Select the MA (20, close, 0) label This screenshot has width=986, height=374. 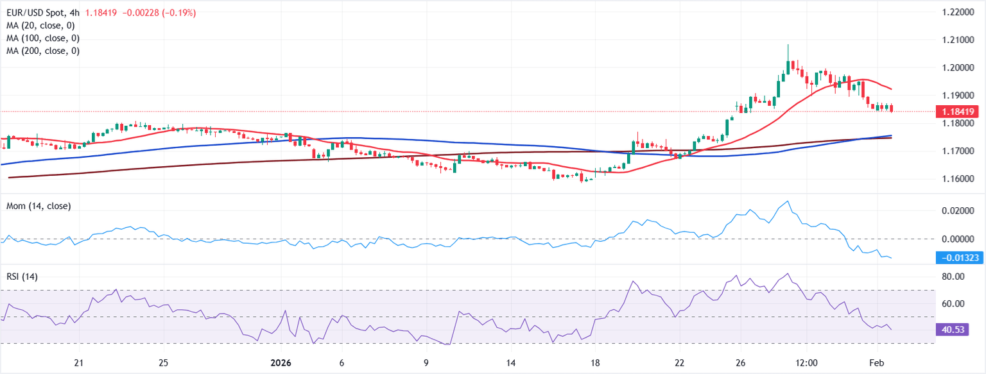pos(40,26)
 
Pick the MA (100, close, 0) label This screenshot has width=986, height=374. pos(42,38)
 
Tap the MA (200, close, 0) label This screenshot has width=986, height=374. pos(42,51)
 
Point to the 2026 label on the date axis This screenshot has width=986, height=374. pos(280,363)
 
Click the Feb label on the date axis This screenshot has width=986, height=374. pos(878,363)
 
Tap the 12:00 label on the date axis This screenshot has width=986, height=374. pos(806,363)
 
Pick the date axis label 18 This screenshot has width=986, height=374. pos(595,363)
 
